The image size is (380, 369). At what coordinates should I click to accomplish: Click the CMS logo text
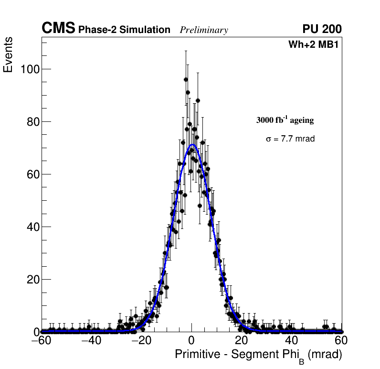(58, 29)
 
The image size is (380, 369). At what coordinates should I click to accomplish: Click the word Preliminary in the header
(204, 30)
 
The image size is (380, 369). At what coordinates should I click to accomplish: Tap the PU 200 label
(322, 29)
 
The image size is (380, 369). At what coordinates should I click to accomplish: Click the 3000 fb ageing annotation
(285, 120)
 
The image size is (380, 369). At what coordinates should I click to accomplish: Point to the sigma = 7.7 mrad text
(290, 139)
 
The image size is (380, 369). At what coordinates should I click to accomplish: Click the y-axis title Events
(8, 55)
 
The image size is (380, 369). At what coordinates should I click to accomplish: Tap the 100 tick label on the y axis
(29, 69)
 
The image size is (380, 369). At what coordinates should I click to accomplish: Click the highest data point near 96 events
(186, 79)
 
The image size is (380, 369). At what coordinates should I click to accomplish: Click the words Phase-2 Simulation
(124, 30)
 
